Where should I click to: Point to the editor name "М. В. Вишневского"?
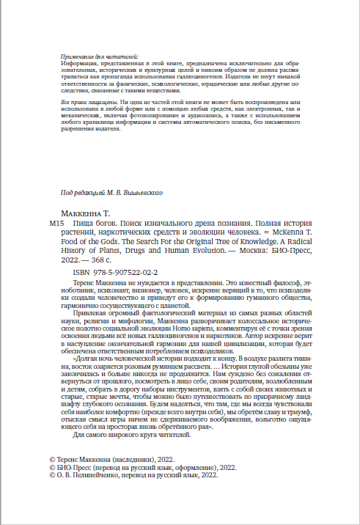(x=132, y=192)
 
